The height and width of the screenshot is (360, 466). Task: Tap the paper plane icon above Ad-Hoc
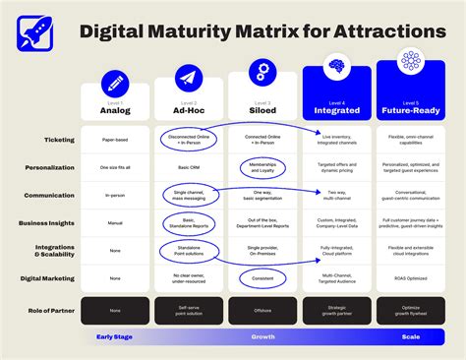click(x=189, y=79)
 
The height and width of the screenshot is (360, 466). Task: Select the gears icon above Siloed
click(x=262, y=71)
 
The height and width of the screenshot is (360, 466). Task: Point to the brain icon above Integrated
click(x=336, y=67)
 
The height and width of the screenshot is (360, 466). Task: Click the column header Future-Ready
click(x=411, y=110)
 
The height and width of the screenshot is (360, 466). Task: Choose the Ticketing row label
click(x=61, y=140)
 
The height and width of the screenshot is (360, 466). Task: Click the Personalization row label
click(x=51, y=167)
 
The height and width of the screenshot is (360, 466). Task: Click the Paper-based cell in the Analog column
click(x=115, y=140)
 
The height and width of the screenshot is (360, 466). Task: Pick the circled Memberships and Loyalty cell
click(x=262, y=167)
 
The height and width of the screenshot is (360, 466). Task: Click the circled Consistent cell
click(x=262, y=278)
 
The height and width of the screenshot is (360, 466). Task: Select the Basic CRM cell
click(x=189, y=167)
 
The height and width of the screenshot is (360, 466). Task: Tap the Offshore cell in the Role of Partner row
click(x=262, y=312)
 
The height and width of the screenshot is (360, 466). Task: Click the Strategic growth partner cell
click(x=336, y=312)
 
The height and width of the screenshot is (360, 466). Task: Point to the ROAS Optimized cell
click(x=411, y=278)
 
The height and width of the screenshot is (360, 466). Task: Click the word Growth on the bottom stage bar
click(x=262, y=337)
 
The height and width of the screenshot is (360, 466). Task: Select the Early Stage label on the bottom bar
click(x=115, y=337)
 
